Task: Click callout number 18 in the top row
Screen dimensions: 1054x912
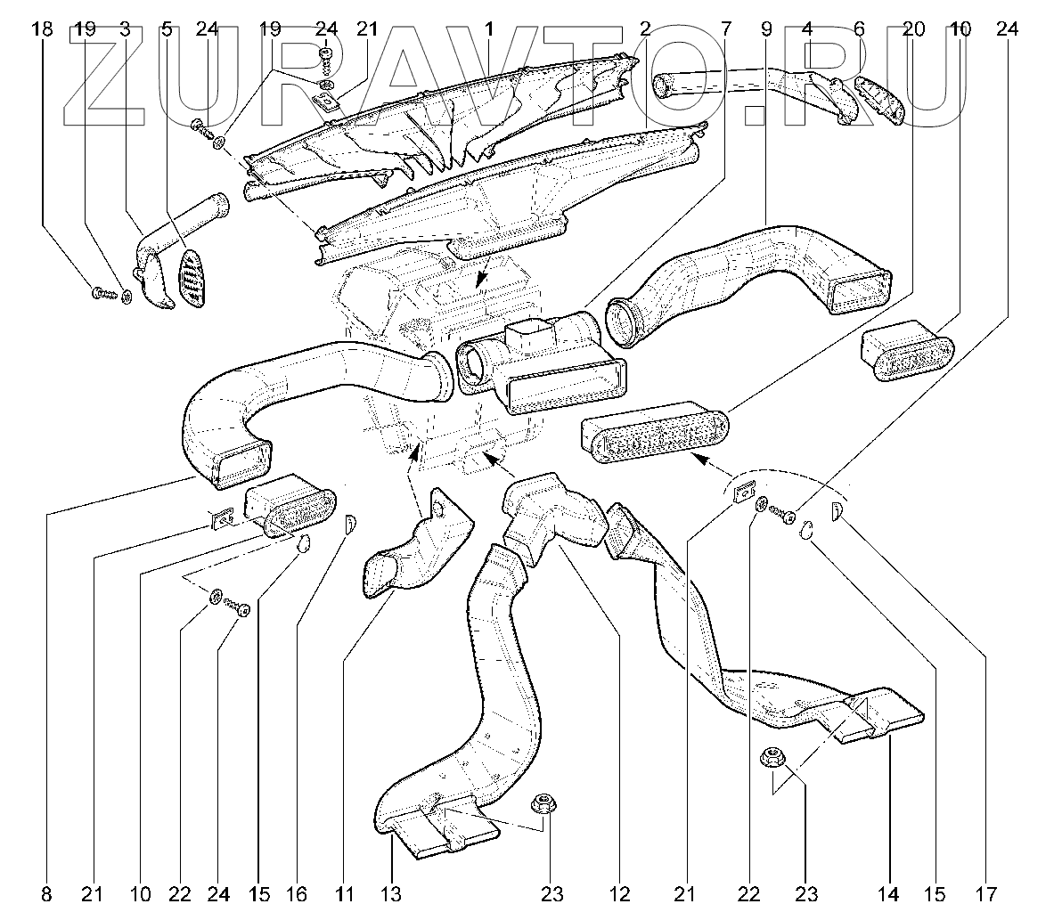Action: (41, 29)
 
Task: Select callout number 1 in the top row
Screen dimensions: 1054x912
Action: (489, 29)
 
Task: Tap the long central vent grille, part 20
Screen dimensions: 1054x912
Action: (655, 434)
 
